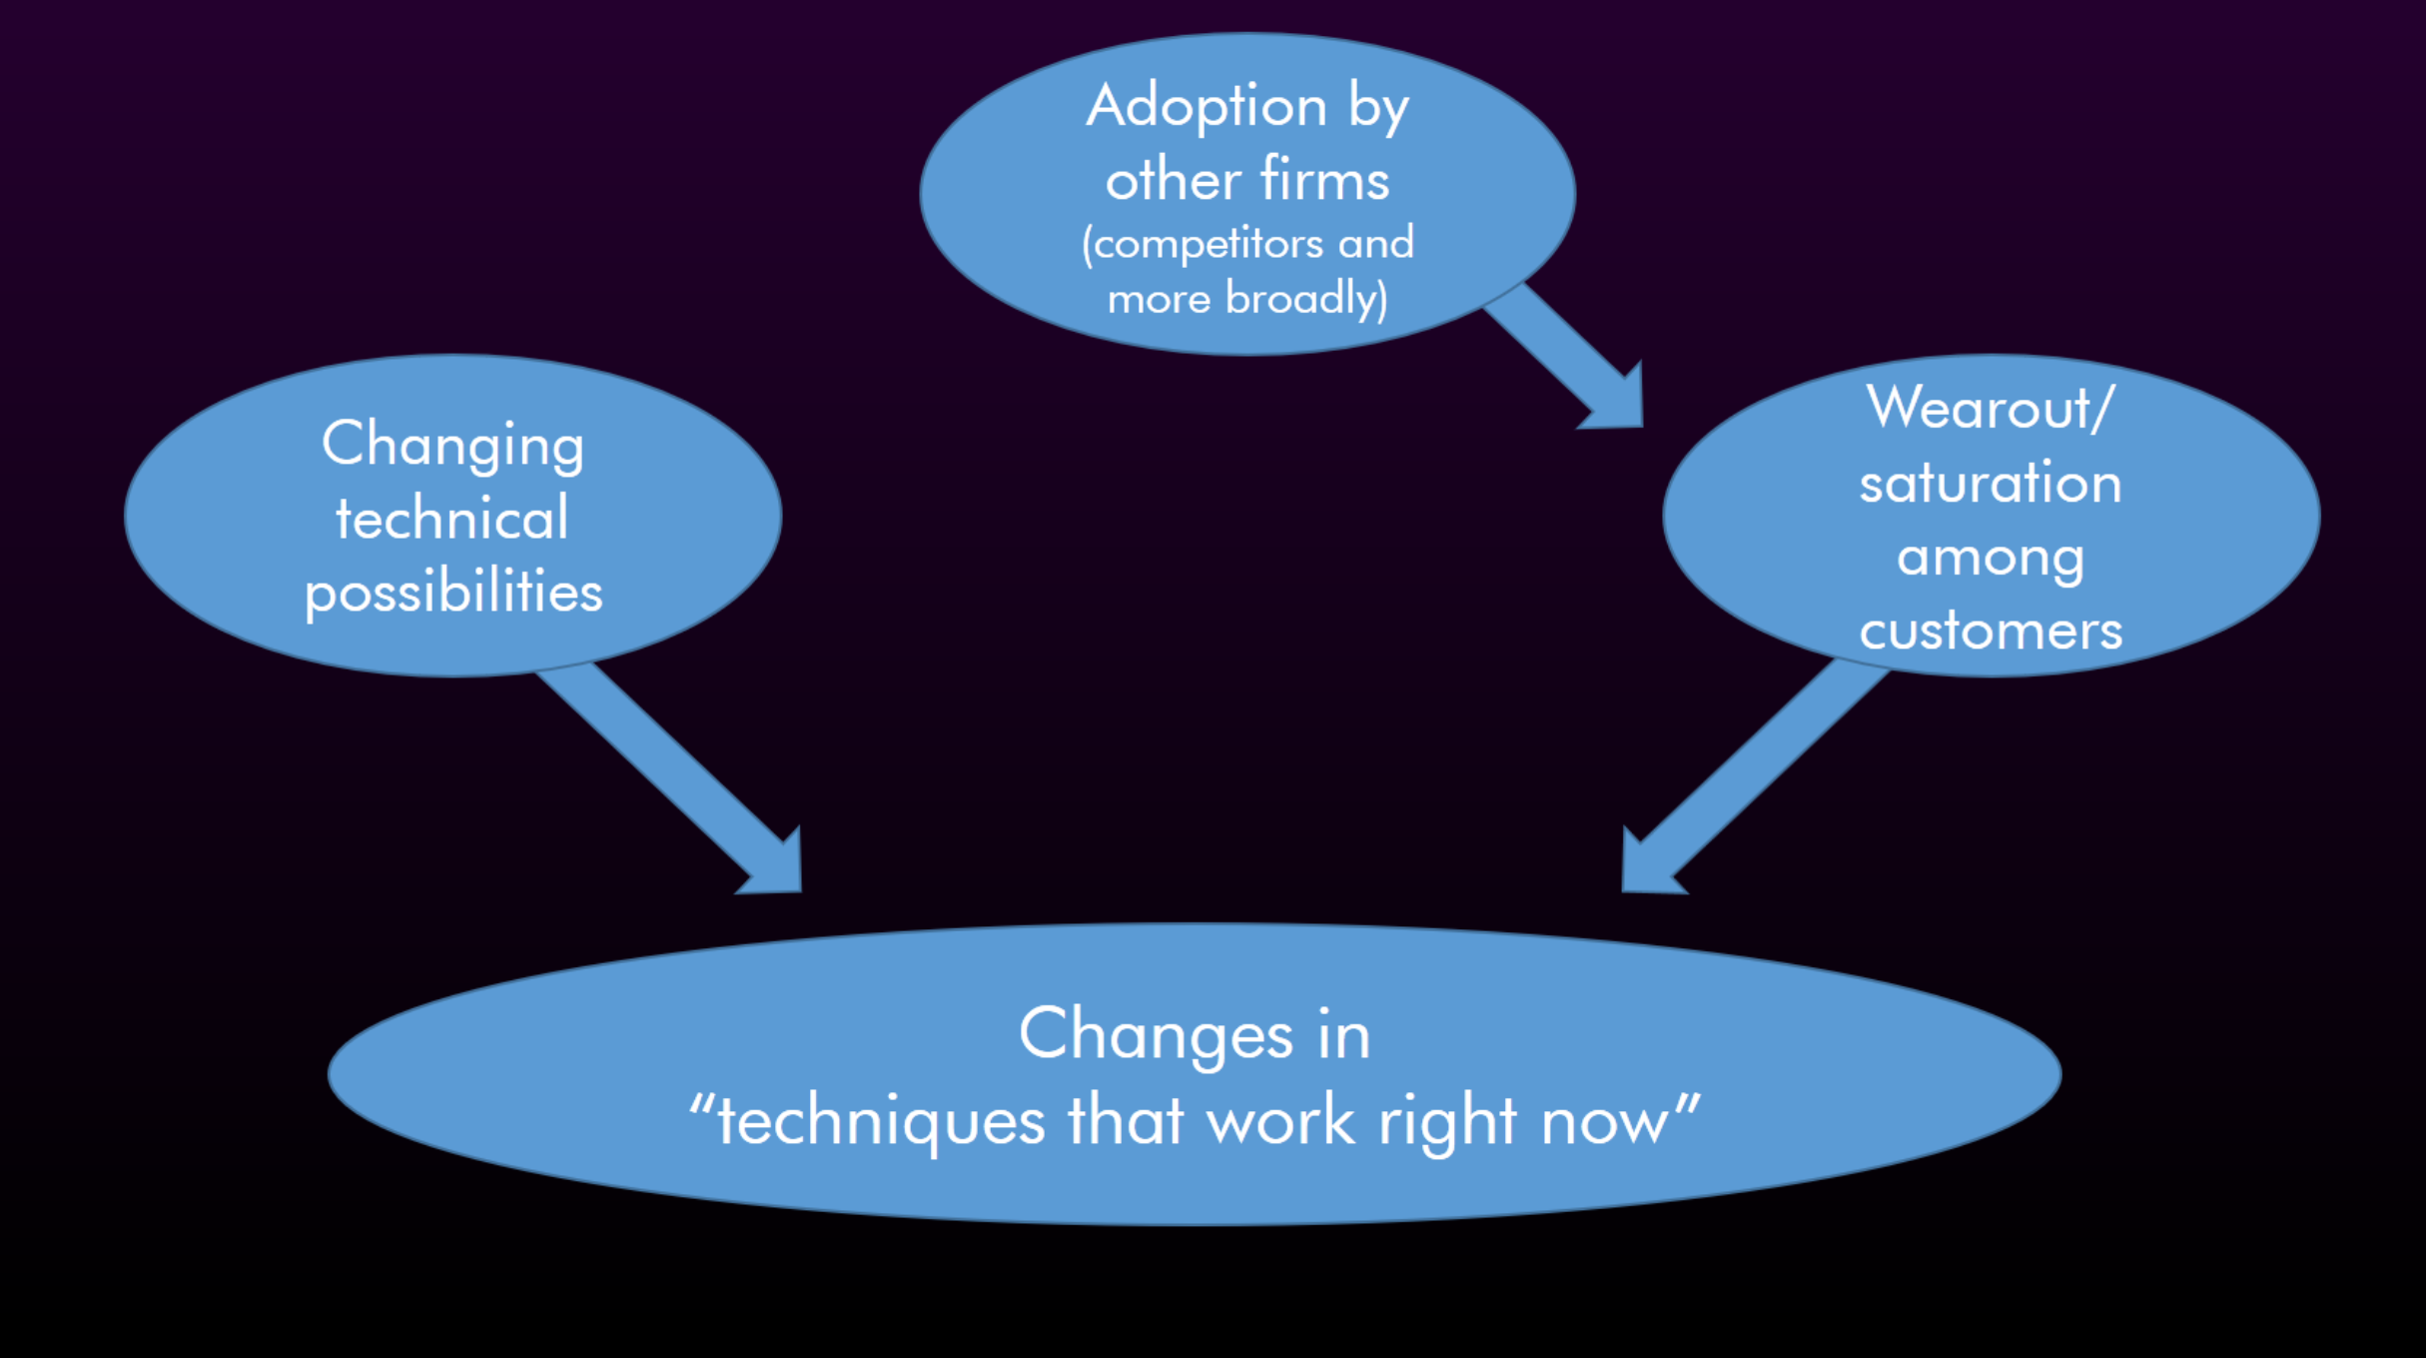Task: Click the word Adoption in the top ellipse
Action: (1206, 106)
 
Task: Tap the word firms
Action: (1324, 181)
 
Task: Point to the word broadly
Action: (1303, 299)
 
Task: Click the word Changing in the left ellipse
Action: (452, 445)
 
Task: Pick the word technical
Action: (452, 519)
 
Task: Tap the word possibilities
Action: (453, 593)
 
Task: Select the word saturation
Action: (1991, 484)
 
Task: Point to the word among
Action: (1991, 558)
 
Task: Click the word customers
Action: (1991, 632)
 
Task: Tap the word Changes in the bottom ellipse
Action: (1156, 1035)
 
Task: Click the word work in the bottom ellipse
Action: (1281, 1121)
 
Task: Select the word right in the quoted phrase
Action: (1447, 1121)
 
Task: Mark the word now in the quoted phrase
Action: (1604, 1121)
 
